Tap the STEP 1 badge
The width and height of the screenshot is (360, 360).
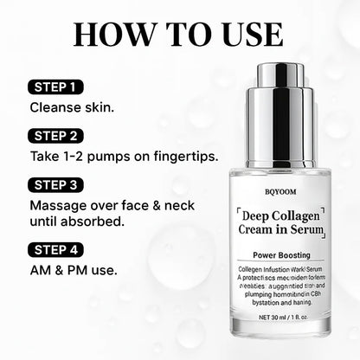pos(57,87)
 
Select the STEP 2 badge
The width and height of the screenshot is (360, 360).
pos(58,136)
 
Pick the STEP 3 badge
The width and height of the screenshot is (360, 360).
pos(58,184)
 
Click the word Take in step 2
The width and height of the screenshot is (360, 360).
pos(45,157)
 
